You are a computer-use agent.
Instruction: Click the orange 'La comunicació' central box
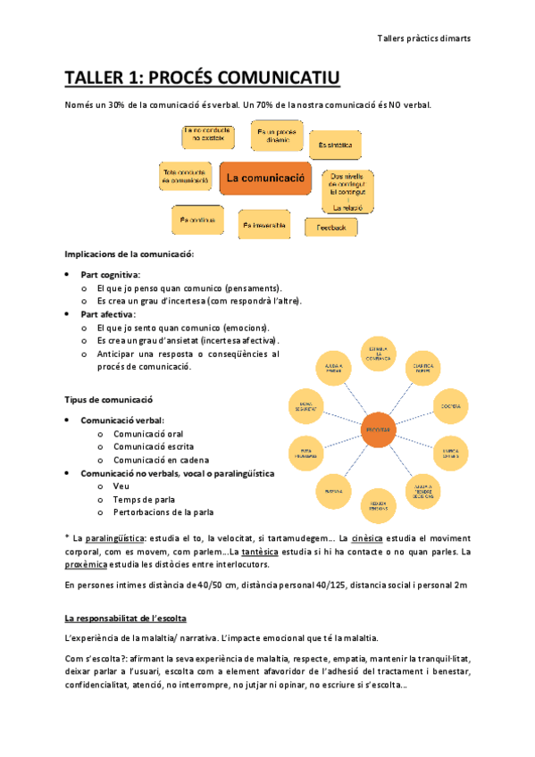(265, 178)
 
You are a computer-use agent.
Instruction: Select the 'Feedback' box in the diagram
(330, 228)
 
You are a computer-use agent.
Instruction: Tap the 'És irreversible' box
(265, 225)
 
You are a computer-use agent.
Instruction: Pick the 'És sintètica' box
(334, 144)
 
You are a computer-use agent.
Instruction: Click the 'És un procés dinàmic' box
(270, 137)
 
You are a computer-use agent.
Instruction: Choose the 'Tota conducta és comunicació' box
(185, 175)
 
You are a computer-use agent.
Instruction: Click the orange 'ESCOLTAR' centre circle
(379, 430)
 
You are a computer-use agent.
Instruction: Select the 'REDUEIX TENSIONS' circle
(379, 506)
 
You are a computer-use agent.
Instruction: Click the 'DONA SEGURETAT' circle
(306, 406)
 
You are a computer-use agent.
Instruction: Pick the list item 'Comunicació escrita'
(153, 446)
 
